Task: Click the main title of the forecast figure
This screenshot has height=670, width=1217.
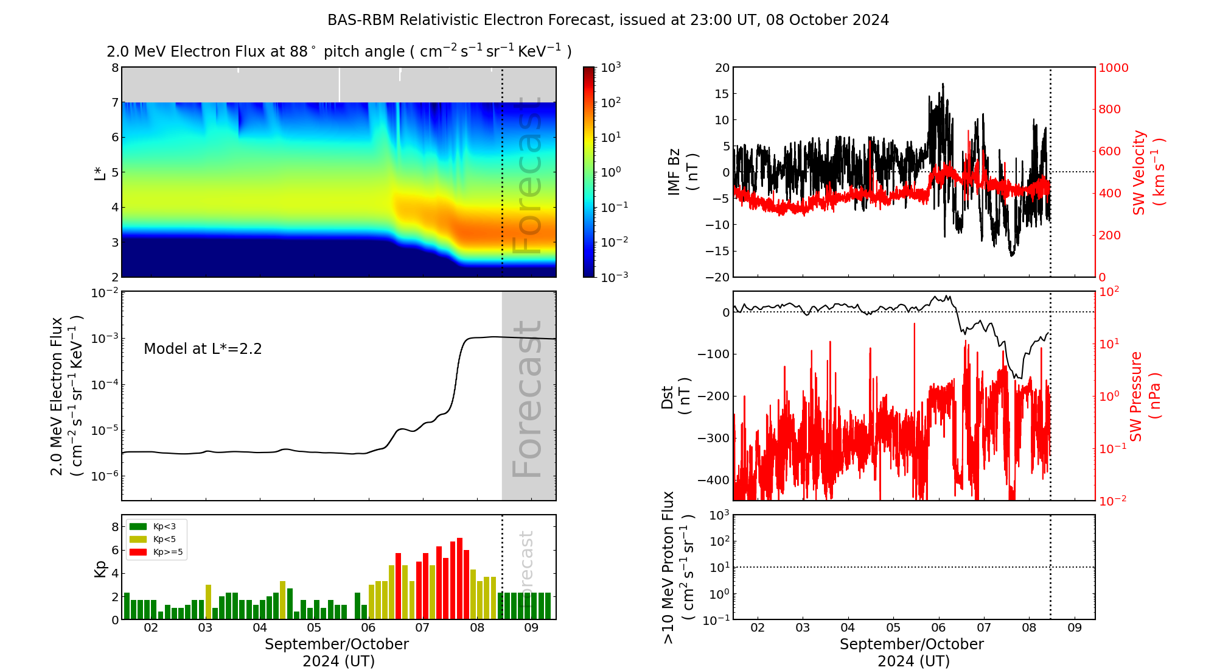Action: (x=608, y=20)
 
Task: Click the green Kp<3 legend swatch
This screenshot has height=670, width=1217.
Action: (x=138, y=526)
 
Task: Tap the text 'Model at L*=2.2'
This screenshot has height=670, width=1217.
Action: (x=203, y=349)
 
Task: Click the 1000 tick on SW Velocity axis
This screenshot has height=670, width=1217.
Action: (x=1113, y=68)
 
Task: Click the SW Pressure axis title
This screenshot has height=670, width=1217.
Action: (x=1145, y=396)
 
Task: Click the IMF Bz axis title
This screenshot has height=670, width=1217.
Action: (x=683, y=172)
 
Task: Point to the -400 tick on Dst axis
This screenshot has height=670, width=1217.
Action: (x=713, y=480)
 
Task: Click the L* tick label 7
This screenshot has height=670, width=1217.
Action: (x=114, y=102)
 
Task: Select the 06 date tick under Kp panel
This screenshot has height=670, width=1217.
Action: (x=368, y=628)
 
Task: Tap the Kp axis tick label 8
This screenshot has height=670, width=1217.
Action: (x=114, y=527)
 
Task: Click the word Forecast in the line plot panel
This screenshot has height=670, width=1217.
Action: (x=527, y=399)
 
